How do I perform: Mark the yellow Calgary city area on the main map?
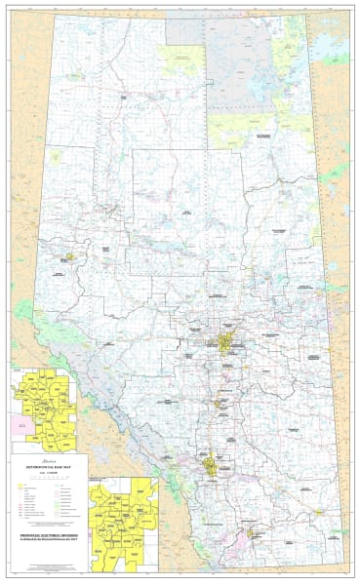[x=209, y=462]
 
